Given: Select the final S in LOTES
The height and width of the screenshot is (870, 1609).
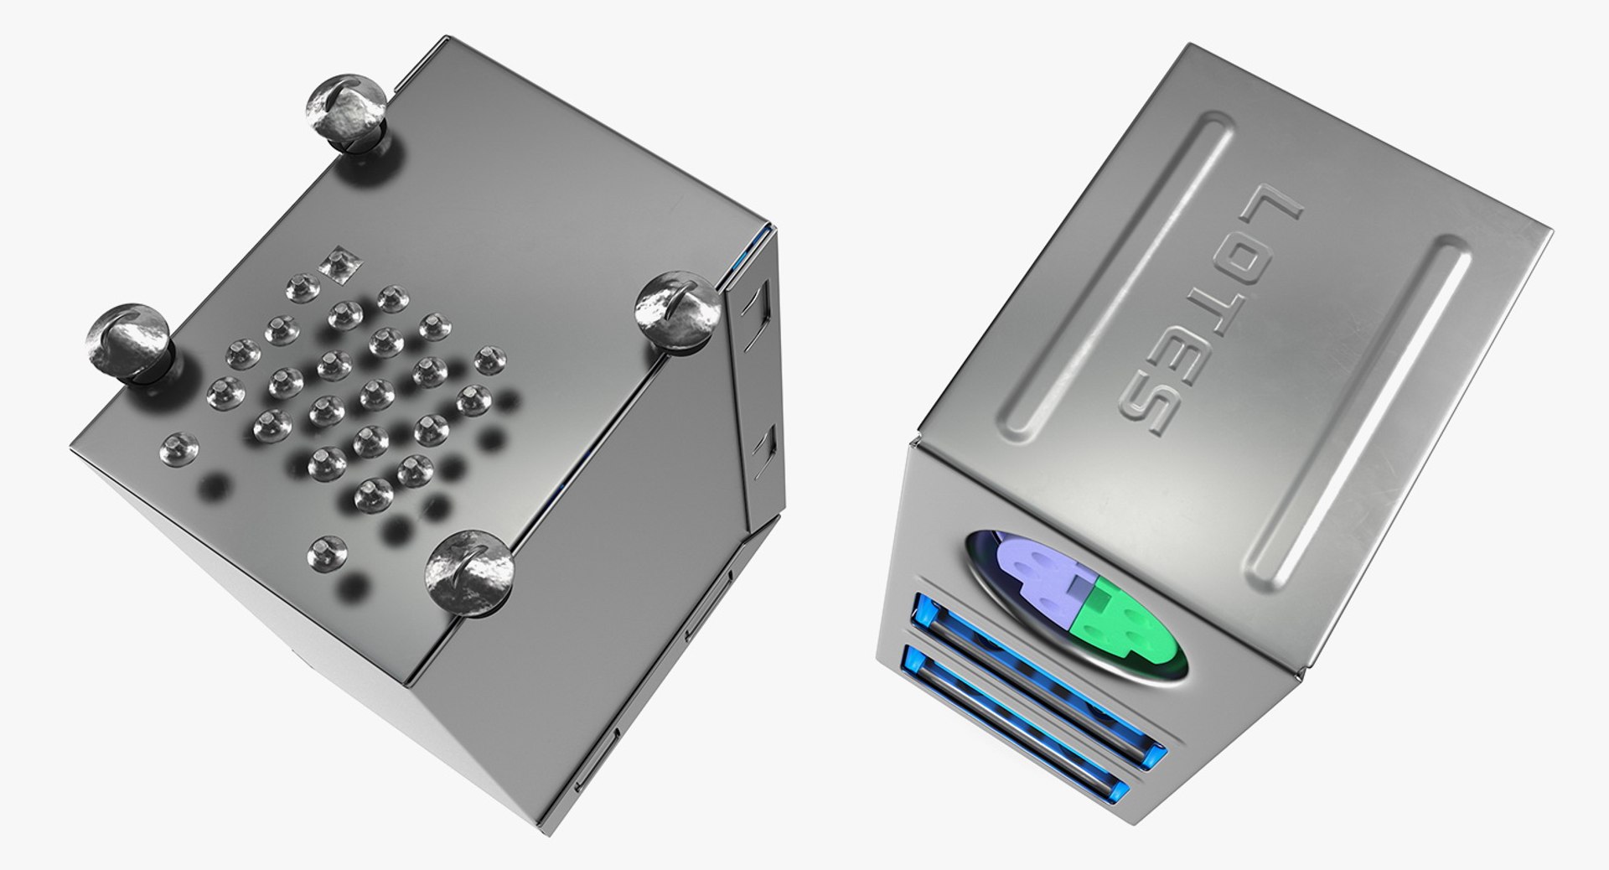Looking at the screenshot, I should [x=1149, y=411].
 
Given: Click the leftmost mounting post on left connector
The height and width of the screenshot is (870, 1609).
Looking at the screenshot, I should [x=128, y=343].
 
